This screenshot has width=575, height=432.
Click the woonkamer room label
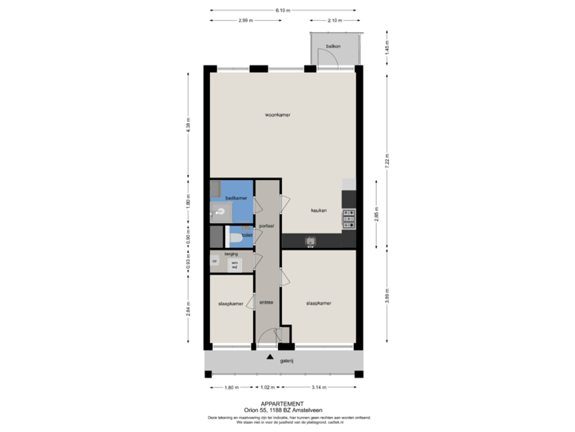click(278, 114)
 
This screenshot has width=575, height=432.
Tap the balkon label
click(334, 46)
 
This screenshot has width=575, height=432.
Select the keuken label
click(319, 210)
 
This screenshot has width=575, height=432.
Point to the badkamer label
click(236, 198)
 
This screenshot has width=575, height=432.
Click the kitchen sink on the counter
click(310, 240)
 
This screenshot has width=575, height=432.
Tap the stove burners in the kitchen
click(348, 217)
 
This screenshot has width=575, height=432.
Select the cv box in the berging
click(215, 262)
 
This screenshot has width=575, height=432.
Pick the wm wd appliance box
click(235, 264)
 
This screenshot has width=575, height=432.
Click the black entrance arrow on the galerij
click(270, 357)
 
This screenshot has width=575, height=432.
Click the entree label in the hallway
click(267, 302)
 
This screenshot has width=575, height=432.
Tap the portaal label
click(267, 226)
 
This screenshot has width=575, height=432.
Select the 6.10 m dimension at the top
click(282, 10)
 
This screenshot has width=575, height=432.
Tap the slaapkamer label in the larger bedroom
click(319, 303)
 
